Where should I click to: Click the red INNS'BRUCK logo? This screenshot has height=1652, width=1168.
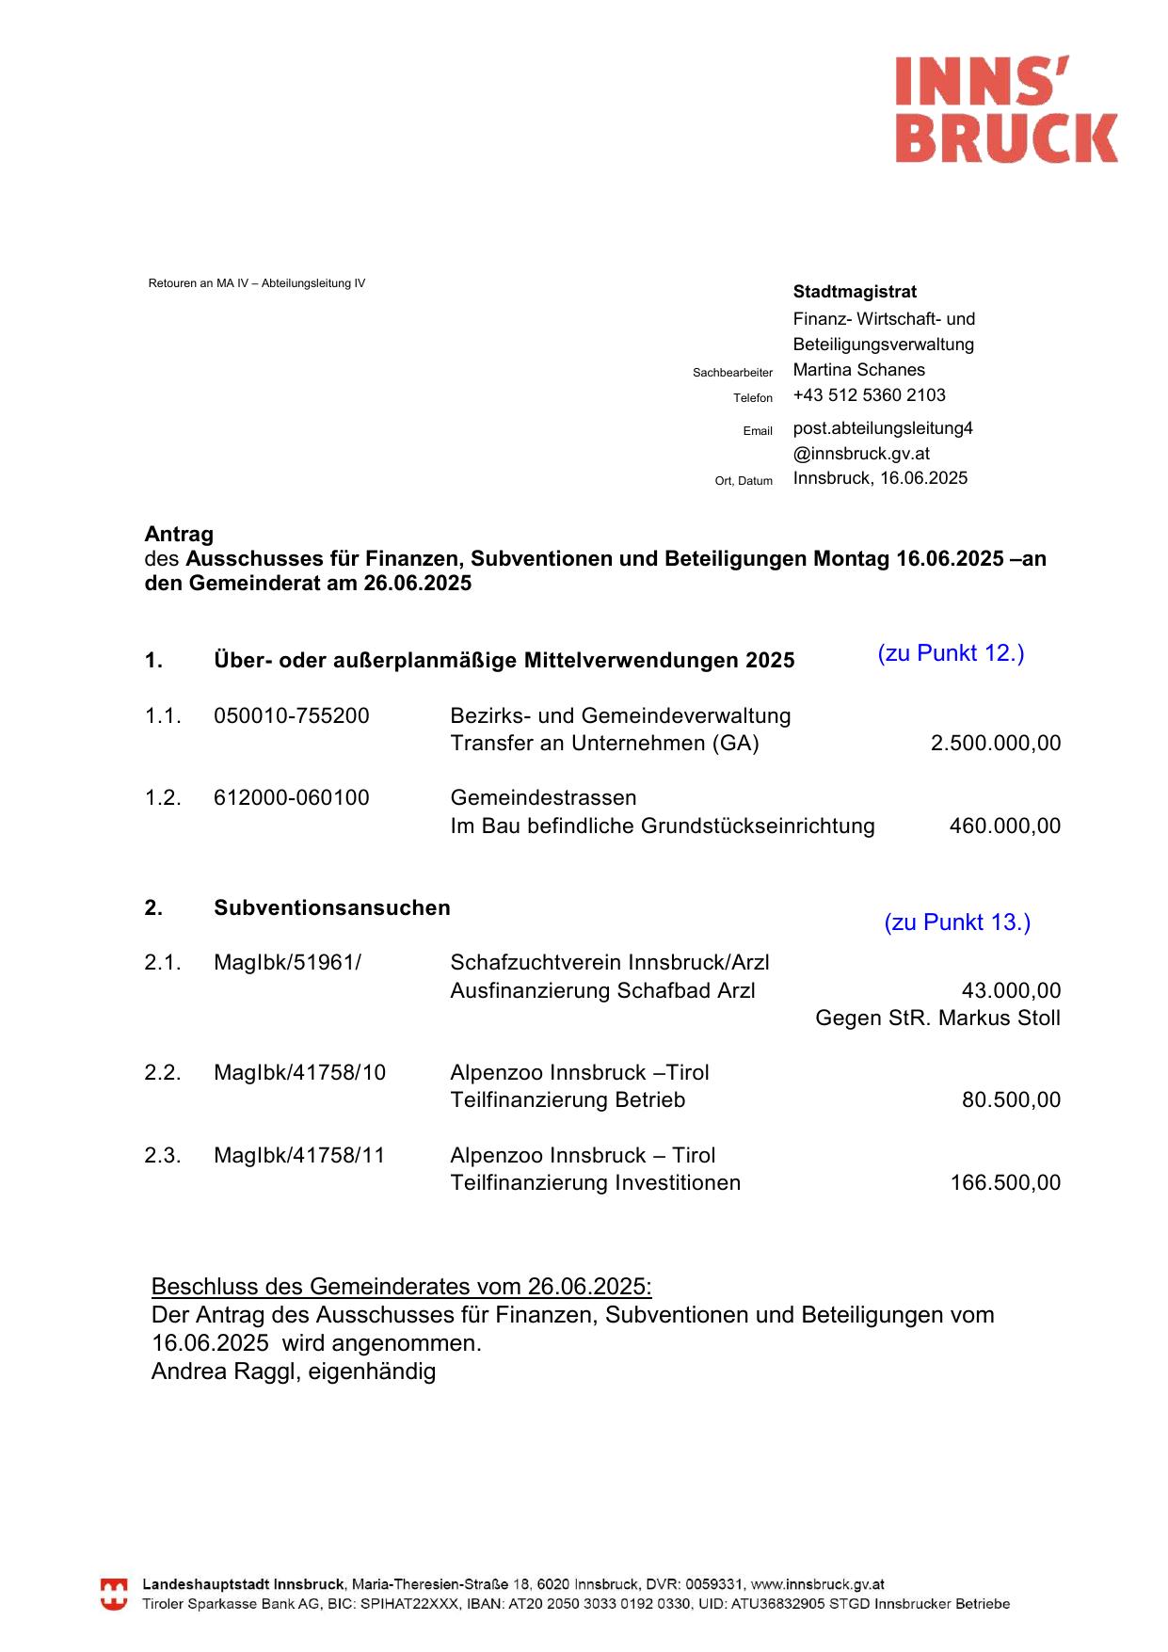pos(1005,109)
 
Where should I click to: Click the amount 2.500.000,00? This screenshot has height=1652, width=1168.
pos(995,743)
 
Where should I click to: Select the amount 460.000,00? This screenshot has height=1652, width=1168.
pos(1004,826)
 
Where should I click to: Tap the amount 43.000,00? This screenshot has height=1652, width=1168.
pos(1010,990)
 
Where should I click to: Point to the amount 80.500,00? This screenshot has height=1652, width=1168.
pos(1010,1099)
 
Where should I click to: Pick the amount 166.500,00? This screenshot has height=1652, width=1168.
pos(1004,1182)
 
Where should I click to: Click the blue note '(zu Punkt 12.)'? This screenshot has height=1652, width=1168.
pos(951,653)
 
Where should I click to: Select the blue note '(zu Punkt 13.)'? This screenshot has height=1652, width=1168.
pos(957,922)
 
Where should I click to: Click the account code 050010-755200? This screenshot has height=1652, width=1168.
pos(292,715)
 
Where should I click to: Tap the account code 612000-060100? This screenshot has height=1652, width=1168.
pos(292,797)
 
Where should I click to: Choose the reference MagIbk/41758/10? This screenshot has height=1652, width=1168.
pos(299,1072)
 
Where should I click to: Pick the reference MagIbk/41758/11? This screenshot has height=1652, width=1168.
pos(299,1155)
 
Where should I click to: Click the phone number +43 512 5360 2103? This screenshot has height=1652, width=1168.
pos(869,395)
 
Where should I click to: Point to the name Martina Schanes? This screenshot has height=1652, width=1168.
pos(858,370)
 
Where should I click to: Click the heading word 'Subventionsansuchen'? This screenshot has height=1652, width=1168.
pos(332,907)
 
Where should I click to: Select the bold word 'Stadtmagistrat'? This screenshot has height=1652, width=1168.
pos(855,292)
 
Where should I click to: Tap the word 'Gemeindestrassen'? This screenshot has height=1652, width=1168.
pos(543,797)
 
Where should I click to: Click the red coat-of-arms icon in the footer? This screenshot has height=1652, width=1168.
pos(114,1594)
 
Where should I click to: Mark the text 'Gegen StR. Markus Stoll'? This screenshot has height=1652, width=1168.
pos(937,1018)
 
